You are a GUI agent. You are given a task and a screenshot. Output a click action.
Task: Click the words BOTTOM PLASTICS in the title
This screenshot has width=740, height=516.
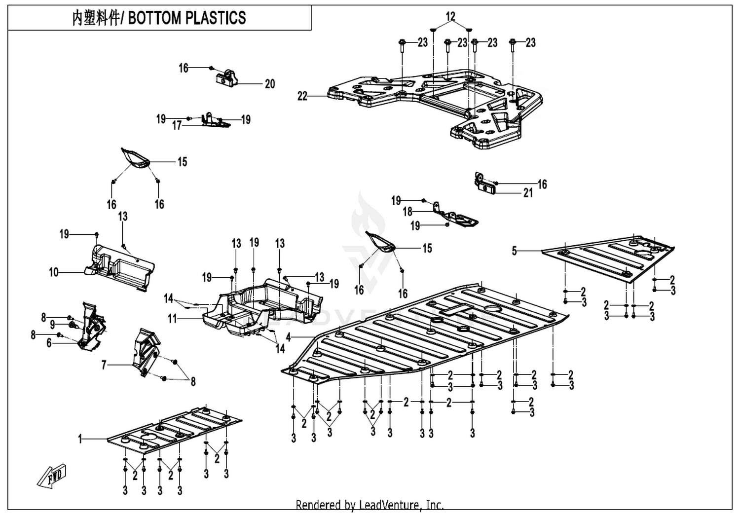tap(186, 18)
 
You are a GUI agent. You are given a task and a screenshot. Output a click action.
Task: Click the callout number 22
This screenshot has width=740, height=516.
tap(302, 96)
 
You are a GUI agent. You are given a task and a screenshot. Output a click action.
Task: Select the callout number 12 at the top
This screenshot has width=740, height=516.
tap(450, 16)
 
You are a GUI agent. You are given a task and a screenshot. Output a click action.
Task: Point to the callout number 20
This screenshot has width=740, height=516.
tap(270, 84)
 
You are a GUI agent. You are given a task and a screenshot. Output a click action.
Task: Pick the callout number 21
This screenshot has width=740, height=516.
tap(528, 193)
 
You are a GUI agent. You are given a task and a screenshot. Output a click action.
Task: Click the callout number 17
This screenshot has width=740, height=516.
tap(177, 125)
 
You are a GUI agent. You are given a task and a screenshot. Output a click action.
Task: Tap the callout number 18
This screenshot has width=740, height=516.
tap(407, 212)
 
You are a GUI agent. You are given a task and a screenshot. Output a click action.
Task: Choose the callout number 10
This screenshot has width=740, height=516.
tap(53, 272)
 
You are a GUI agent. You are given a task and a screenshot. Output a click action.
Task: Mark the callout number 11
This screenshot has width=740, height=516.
tap(173, 319)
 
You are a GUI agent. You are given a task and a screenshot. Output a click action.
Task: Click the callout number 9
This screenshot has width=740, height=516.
tap(52, 325)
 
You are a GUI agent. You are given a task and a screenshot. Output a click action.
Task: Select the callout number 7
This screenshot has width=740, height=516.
tap(104, 365)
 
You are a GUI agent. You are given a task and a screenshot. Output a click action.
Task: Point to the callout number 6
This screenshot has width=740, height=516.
tap(49, 343)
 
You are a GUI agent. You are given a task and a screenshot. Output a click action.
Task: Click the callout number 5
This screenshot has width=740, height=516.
tap(515, 251)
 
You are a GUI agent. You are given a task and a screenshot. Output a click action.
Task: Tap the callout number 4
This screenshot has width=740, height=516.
tap(289, 337)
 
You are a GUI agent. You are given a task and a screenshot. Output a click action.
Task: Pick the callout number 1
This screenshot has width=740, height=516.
tap(80, 439)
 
